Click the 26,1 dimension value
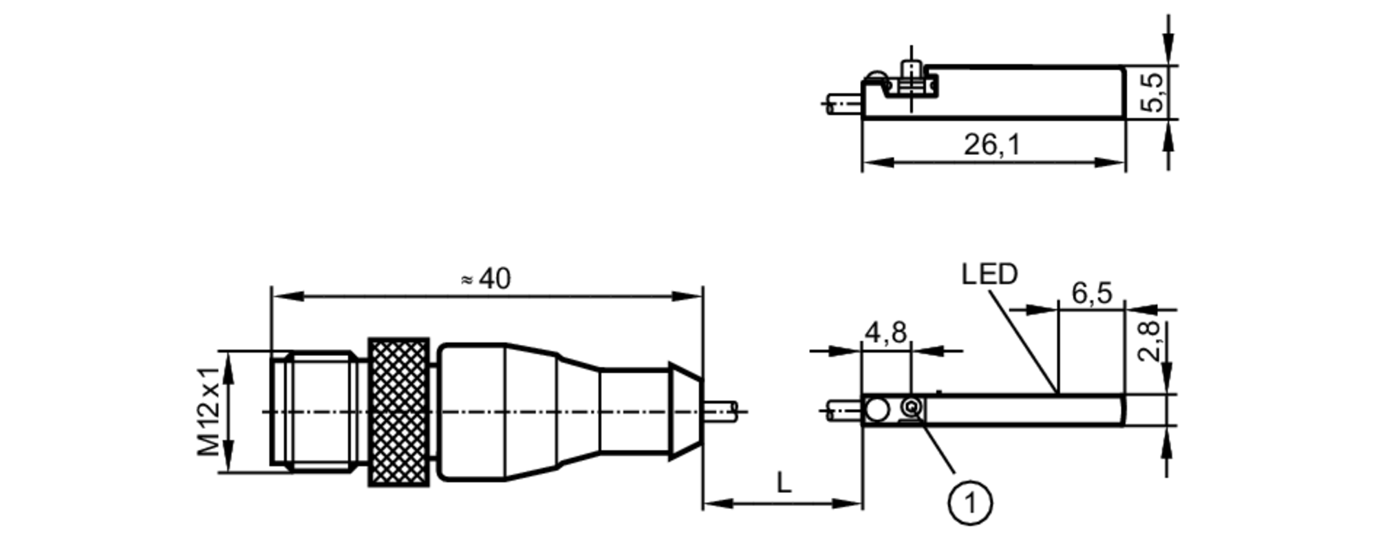[991, 145]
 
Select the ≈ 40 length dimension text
[486, 279]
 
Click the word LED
[989, 275]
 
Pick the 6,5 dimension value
[1092, 293]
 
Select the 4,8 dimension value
[886, 333]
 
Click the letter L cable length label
[784, 483]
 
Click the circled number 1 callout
[970, 504]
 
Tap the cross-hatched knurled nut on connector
[399, 412]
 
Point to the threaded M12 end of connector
[313, 411]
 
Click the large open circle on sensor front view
[877, 410]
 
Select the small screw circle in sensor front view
[912, 409]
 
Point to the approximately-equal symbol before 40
[466, 280]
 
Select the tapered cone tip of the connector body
[686, 411]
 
